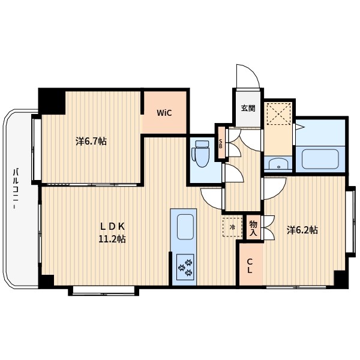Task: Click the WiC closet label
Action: tap(164, 113)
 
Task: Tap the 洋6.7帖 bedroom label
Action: tap(91, 141)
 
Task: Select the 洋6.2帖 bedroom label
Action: tap(302, 230)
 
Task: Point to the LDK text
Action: tap(112, 227)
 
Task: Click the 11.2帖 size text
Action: tap(112, 239)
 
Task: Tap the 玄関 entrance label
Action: tap(248, 108)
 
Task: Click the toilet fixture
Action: tap(202, 154)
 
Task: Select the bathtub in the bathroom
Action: tap(320, 159)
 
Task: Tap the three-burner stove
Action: tap(185, 267)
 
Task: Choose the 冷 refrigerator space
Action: tap(233, 227)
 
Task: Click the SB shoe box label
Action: tap(221, 143)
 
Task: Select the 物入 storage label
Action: tap(253, 228)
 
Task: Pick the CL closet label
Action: tap(250, 266)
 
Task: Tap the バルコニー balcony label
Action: tap(16, 189)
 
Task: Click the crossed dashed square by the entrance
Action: tap(278, 113)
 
